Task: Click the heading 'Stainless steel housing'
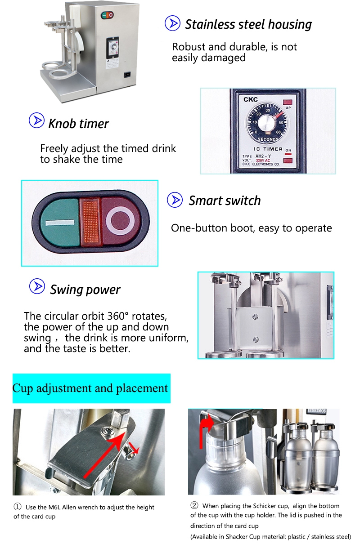(x=248, y=24)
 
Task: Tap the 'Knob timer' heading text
(x=78, y=124)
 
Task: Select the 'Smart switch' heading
(x=225, y=201)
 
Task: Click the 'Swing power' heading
(x=85, y=290)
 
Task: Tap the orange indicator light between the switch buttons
(x=90, y=223)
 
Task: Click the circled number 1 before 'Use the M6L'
(x=18, y=507)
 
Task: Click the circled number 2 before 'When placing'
(x=194, y=505)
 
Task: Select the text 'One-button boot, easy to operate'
(x=251, y=228)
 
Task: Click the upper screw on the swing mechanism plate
(x=255, y=317)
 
